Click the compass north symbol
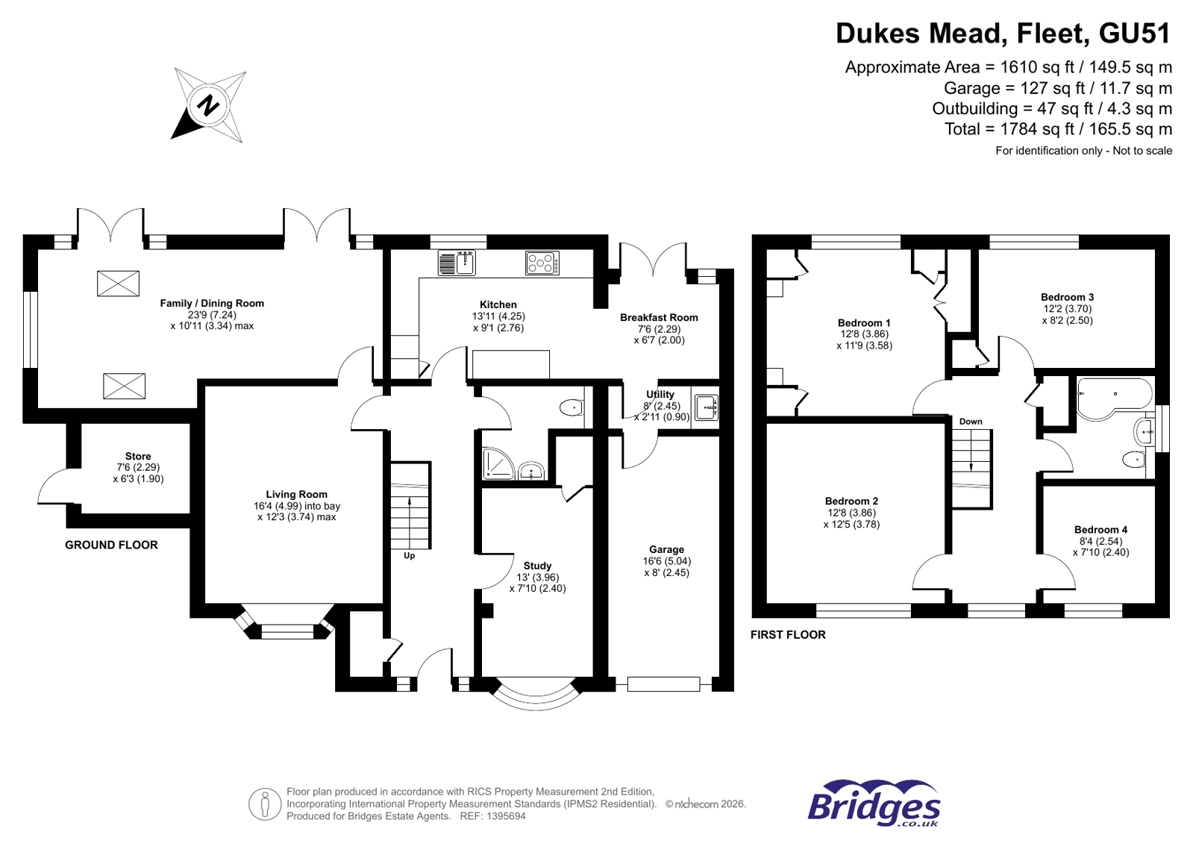(209, 105)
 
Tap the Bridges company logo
(873, 804)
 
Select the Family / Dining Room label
(212, 303)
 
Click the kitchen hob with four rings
(542, 263)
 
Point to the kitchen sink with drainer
(457, 263)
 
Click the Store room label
(138, 456)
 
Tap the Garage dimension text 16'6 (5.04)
(666, 561)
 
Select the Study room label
(537, 566)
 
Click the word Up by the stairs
(409, 556)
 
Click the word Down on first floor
(971, 422)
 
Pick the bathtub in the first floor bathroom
(1113, 395)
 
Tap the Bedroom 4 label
(1100, 530)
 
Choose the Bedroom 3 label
(1067, 297)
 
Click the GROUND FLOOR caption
(111, 545)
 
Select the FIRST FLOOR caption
(788, 634)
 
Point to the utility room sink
(706, 407)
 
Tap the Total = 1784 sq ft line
(1057, 129)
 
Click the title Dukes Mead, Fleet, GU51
(1003, 34)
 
